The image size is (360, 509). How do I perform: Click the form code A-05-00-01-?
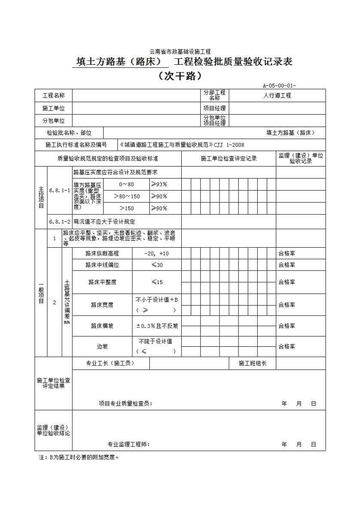tap(279, 85)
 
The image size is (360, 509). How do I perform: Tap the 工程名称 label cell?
tap(54, 96)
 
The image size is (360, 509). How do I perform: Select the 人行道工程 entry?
tap(277, 96)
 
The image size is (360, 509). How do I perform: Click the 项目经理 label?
tap(214, 108)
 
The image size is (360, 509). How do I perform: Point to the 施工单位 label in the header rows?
tap(54, 108)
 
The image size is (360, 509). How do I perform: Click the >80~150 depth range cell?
tap(127, 197)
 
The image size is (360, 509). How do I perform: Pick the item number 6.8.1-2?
tap(60, 222)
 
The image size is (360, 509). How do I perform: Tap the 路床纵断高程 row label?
tap(102, 254)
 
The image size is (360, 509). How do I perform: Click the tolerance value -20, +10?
tap(156, 254)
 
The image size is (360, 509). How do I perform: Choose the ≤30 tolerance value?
tap(157, 265)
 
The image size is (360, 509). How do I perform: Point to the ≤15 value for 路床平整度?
tap(157, 282)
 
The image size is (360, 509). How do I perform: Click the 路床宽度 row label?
tap(102, 305)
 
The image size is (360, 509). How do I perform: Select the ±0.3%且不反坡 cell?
tap(157, 326)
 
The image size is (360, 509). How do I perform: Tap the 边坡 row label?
tap(102, 346)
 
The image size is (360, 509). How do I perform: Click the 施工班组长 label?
tap(253, 364)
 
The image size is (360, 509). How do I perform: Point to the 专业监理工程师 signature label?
tap(128, 445)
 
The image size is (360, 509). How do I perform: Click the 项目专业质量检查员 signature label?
tap(125, 404)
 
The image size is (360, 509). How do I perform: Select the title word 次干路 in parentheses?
tap(180, 76)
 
